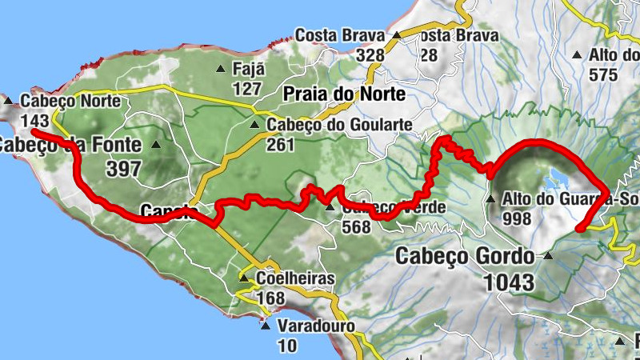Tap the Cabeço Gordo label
tap(465, 257)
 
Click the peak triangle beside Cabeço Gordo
tap(548, 257)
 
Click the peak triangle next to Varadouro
tap(265, 326)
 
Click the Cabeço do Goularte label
tap(339, 125)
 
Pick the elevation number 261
tap(281, 144)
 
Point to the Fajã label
tap(247, 69)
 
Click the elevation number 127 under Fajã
tap(248, 87)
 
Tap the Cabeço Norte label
tap(70, 102)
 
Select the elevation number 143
tap(35, 120)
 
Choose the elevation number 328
tap(370, 54)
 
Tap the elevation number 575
tap(602, 75)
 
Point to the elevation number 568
tap(356, 226)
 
